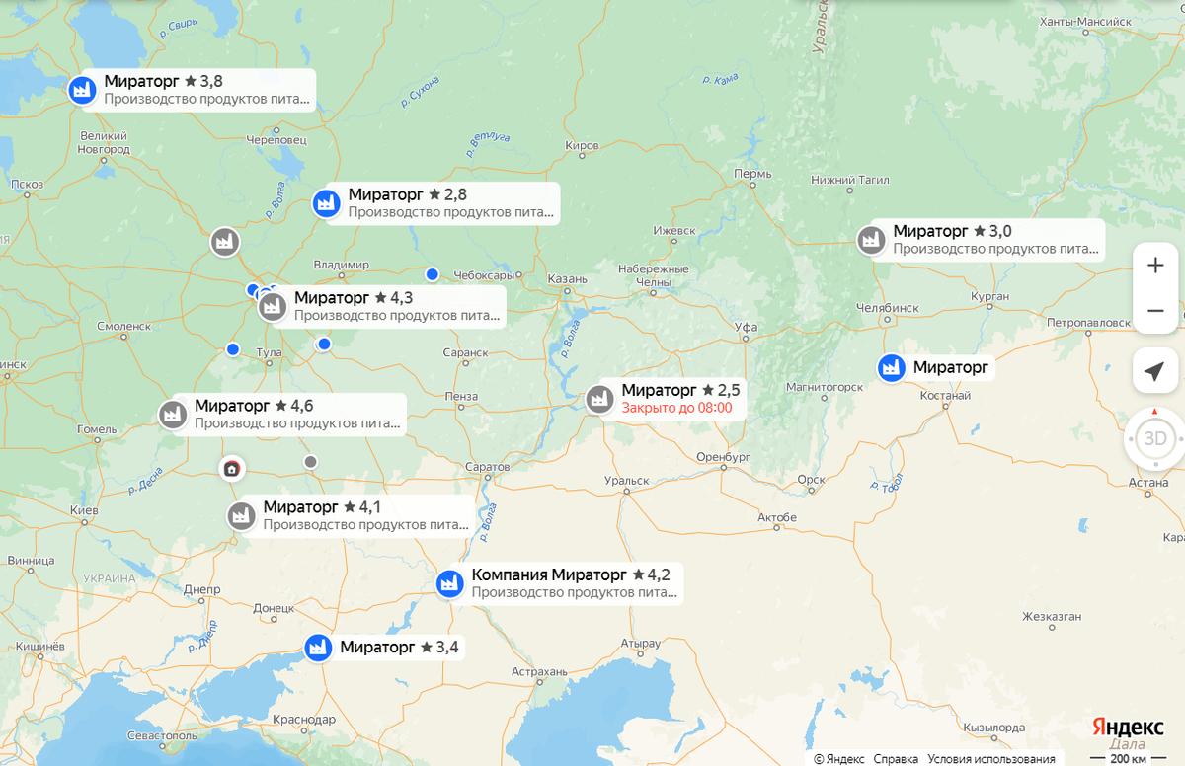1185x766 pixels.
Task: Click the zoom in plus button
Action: (1154, 266)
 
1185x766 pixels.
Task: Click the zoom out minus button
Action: (1154, 311)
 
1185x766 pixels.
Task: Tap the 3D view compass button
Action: (1154, 438)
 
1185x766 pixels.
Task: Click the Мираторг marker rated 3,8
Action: (81, 89)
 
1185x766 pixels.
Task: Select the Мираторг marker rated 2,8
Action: (325, 203)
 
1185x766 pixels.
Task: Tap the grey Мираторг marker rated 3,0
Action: (870, 240)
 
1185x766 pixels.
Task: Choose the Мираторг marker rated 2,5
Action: (598, 399)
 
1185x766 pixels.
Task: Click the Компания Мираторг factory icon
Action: (449, 583)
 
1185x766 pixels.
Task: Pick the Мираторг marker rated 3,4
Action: (317, 648)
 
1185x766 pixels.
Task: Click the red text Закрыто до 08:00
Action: (676, 408)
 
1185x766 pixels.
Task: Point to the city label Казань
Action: (567, 279)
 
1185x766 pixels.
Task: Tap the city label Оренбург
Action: (725, 457)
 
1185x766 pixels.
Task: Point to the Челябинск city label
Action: (888, 307)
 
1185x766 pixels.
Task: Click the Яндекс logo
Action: (1127, 726)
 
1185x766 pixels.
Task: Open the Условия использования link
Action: (991, 759)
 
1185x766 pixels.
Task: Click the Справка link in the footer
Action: (896, 759)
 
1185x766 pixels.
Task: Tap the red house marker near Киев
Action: (231, 468)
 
